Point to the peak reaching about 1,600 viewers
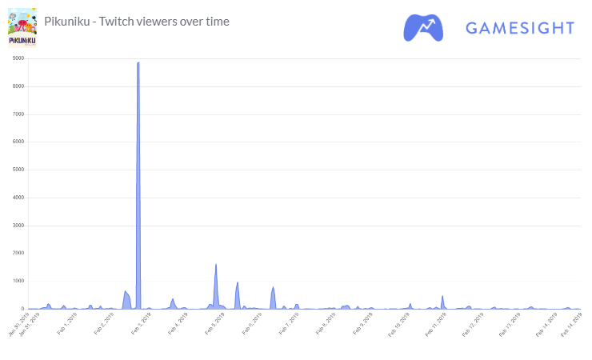(x=216, y=265)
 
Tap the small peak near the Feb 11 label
(x=442, y=296)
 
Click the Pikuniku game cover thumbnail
(x=22, y=27)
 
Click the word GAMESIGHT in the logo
(x=519, y=28)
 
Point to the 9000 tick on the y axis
(x=17, y=58)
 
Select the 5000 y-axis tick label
(x=17, y=170)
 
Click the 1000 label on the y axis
(x=17, y=281)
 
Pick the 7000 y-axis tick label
(x=17, y=114)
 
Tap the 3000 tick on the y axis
(x=17, y=226)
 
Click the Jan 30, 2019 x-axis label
(x=18, y=326)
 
